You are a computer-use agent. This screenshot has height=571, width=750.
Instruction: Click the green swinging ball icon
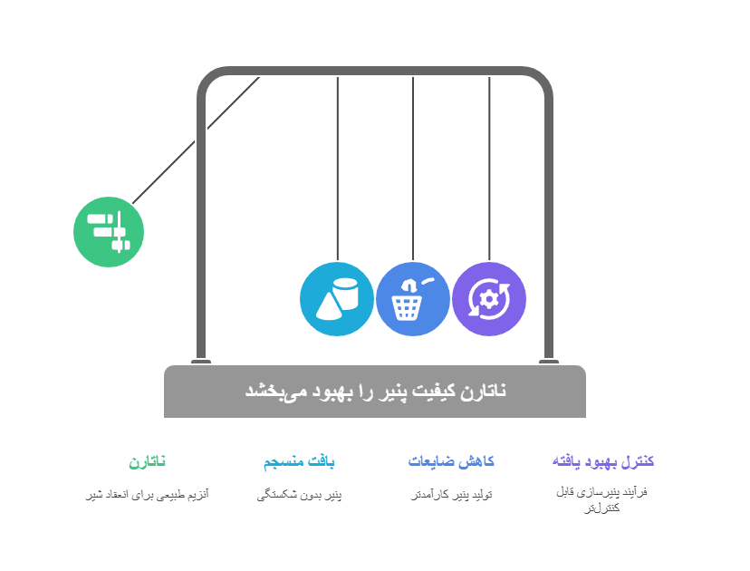tap(109, 232)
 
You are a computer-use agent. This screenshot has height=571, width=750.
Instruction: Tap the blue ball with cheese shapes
tap(337, 299)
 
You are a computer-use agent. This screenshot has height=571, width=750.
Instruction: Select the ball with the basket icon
tap(413, 299)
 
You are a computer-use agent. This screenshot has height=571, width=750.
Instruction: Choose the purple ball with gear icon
tap(489, 299)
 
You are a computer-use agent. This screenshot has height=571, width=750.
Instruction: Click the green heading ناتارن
tap(147, 461)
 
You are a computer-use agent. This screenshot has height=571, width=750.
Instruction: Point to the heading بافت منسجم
tap(299, 461)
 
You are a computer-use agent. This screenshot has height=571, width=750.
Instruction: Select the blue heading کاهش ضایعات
tap(451, 461)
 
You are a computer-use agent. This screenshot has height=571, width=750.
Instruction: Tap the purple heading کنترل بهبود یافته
tap(603, 461)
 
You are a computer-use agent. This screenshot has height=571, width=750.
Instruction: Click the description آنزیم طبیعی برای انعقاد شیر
tap(147, 494)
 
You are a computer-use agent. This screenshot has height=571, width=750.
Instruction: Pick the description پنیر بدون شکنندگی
tap(299, 494)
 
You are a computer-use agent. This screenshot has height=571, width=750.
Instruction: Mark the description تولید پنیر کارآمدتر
tap(451, 494)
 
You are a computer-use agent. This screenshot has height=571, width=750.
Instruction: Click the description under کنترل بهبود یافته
tap(602, 499)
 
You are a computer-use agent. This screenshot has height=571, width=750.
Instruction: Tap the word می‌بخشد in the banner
tap(271, 391)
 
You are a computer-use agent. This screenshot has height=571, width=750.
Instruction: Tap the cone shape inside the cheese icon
tap(328, 305)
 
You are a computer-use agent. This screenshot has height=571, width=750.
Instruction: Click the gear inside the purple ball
tap(489, 299)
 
